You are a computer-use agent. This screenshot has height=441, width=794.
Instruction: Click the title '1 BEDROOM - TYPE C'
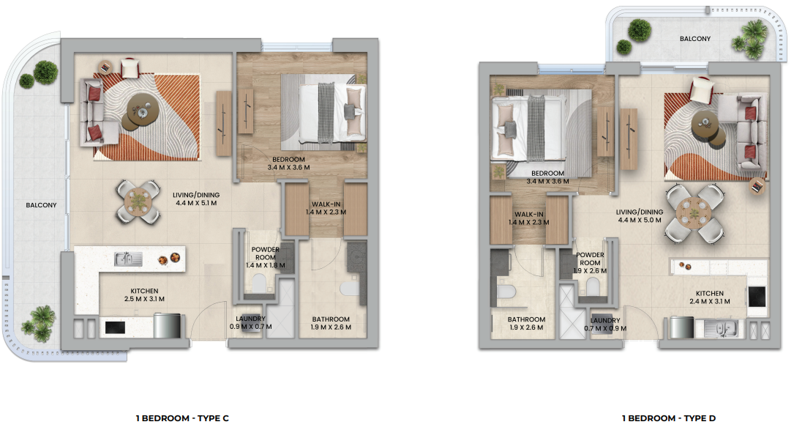[182, 418]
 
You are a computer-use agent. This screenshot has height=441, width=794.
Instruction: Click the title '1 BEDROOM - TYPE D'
[668, 418]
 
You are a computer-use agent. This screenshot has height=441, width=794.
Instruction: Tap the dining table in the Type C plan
[138, 201]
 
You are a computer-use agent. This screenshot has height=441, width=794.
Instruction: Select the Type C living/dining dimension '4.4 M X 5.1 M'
[196, 203]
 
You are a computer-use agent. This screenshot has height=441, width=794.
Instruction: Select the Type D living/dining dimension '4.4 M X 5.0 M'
[640, 220]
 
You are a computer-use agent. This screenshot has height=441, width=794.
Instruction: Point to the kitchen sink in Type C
[128, 259]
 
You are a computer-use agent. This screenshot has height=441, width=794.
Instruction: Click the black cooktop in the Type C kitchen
[115, 327]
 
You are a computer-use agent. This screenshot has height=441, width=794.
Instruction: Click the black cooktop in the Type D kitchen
[757, 297]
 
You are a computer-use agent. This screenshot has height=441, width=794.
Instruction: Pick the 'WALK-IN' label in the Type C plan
[326, 204]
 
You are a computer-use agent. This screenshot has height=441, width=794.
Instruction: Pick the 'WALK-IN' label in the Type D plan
[529, 215]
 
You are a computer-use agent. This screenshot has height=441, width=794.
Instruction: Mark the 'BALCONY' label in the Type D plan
[695, 39]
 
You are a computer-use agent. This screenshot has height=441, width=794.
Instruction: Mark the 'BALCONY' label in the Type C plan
[42, 205]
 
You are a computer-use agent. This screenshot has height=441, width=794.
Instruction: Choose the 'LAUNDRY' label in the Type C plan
[251, 319]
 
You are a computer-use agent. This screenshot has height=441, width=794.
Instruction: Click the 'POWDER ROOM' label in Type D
[590, 259]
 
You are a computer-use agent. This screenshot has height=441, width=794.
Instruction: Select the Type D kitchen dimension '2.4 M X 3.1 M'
[710, 301]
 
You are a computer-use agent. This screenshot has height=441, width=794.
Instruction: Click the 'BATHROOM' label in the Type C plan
[331, 319]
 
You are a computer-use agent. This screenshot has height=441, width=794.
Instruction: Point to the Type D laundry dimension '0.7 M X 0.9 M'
[605, 328]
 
